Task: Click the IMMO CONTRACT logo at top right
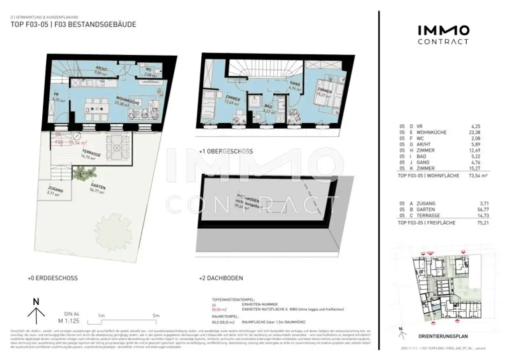tap(442, 35)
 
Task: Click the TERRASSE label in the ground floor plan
tap(91, 155)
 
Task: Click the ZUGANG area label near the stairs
tap(56, 190)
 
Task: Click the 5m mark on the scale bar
tap(156, 316)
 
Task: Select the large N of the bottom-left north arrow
tap(35, 301)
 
